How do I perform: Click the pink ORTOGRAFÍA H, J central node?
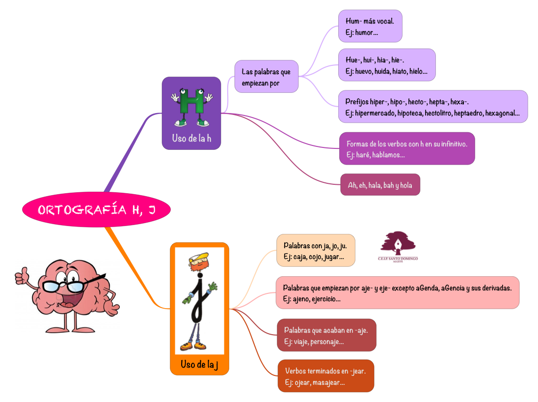pyautogui.click(x=96, y=210)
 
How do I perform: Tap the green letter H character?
pyautogui.click(x=191, y=105)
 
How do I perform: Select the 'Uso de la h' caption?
pyautogui.click(x=191, y=138)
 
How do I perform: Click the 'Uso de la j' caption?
pyautogui.click(x=199, y=364)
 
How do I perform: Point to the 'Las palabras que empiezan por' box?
pyautogui.click(x=266, y=77)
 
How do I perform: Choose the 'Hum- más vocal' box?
pyautogui.click(x=370, y=27)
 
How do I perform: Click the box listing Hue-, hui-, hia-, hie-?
pyautogui.click(x=386, y=65)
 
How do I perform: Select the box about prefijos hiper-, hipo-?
pyautogui.click(x=432, y=107)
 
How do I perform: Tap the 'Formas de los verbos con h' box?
pyautogui.click(x=407, y=149)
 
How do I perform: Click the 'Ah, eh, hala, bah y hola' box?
pyautogui.click(x=380, y=185)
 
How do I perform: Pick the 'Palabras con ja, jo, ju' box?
pyautogui.click(x=315, y=251)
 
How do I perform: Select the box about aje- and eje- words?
pyautogui.click(x=397, y=293)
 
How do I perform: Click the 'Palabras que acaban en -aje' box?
pyautogui.click(x=326, y=335)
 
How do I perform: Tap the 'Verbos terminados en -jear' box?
pyautogui.click(x=325, y=376)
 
